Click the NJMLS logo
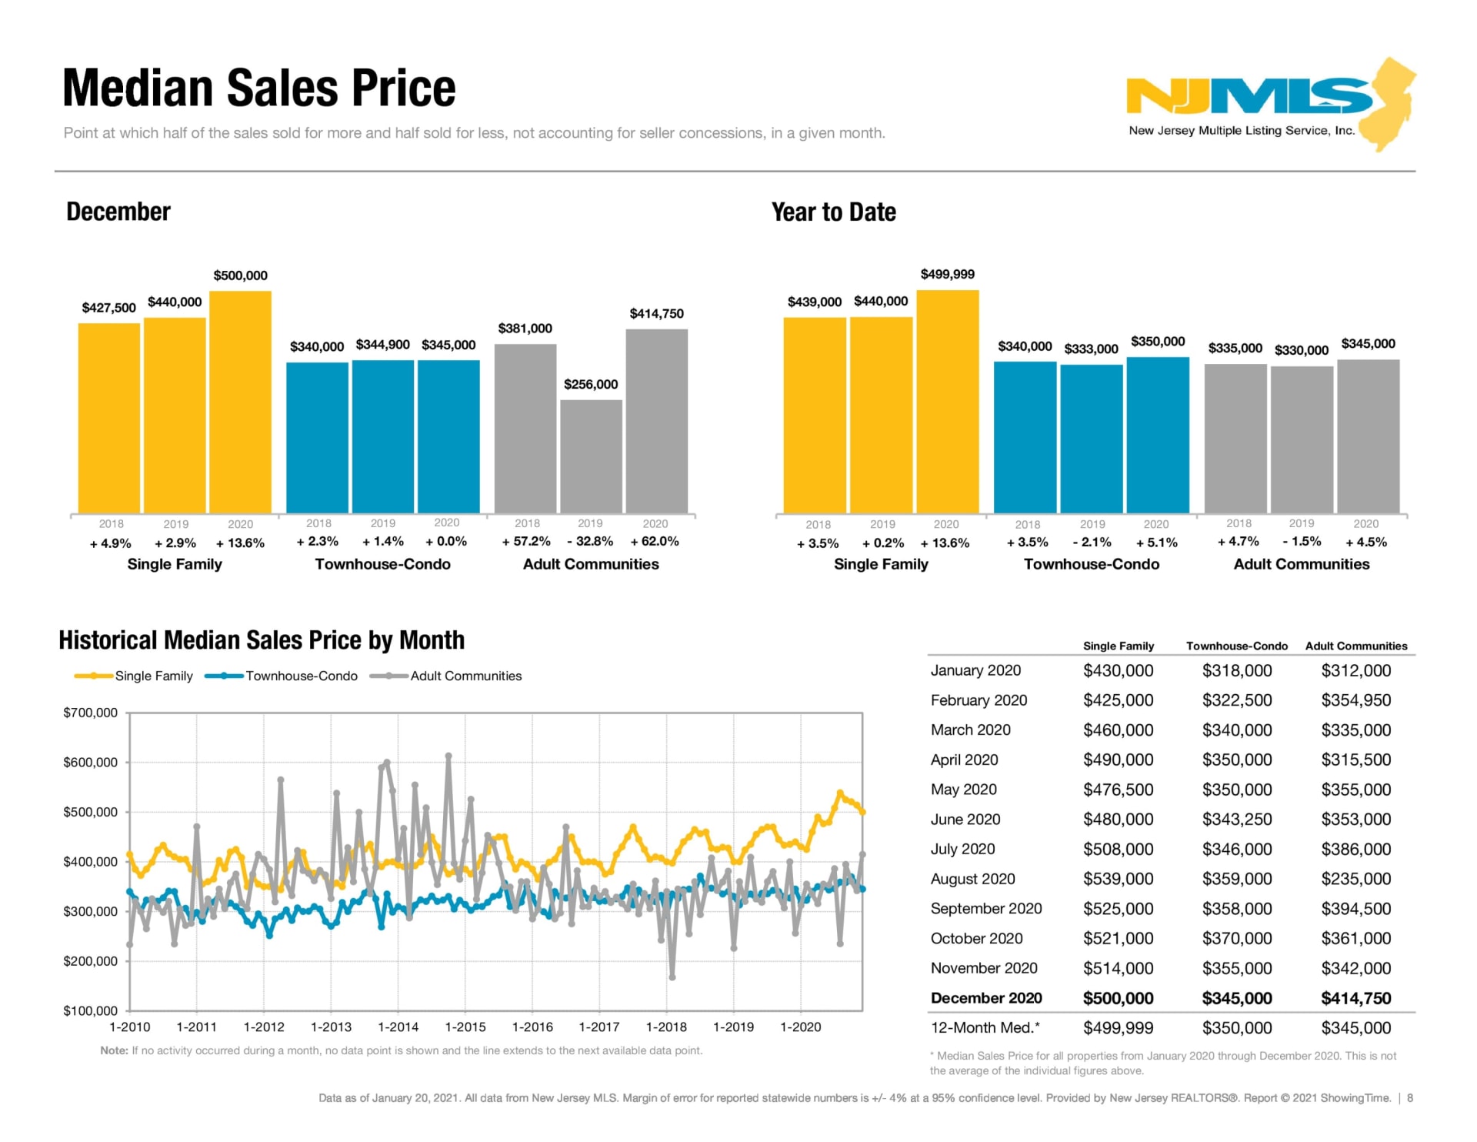[x=1269, y=104]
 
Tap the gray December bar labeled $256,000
[x=591, y=456]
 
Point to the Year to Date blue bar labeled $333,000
[x=1091, y=439]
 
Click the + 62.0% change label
[x=655, y=542]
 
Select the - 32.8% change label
[x=590, y=542]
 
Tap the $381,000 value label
[x=525, y=329]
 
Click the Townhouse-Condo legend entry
[x=301, y=676]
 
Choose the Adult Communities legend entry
[x=465, y=676]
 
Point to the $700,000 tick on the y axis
[x=91, y=713]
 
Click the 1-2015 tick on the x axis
[x=465, y=1027]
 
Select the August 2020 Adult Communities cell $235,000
[x=1355, y=879]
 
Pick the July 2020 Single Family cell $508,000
[x=1118, y=850]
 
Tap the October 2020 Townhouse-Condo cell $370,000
[x=1236, y=939]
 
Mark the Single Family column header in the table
[x=1118, y=646]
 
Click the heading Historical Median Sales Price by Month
[x=262, y=640]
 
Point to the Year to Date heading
[x=833, y=212]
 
